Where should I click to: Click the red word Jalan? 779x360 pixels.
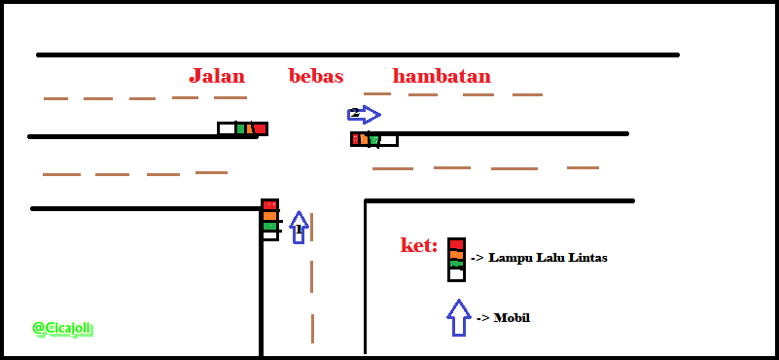(216, 76)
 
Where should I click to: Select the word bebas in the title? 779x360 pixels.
(316, 76)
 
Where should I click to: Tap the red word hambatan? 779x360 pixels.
(442, 76)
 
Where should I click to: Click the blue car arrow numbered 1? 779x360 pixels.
(299, 228)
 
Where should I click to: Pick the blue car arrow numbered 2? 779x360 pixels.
(364, 115)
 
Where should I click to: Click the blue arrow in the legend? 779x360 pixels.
(458, 318)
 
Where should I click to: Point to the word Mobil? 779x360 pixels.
(512, 318)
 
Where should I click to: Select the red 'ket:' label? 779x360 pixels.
(419, 245)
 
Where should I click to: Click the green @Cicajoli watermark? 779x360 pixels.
(68, 329)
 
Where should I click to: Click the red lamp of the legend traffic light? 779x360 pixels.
(456, 243)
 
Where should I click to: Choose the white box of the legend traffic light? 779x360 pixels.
(456, 274)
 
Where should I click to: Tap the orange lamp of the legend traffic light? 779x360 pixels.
(456, 254)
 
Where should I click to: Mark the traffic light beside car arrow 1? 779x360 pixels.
(269, 220)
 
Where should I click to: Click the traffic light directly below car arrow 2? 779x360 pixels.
(374, 139)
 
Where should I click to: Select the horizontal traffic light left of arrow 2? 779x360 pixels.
(242, 128)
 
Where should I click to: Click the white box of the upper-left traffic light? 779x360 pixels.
(226, 128)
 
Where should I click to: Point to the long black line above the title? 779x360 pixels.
(357, 54)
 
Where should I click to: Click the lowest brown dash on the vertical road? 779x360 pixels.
(312, 329)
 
